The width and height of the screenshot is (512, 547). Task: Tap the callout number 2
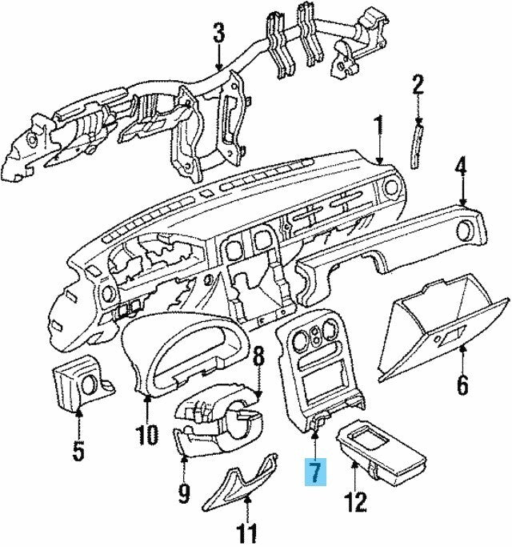416,84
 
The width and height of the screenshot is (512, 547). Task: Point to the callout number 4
461,168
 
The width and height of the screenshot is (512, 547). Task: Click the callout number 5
78,451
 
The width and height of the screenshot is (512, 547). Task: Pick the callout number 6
462,384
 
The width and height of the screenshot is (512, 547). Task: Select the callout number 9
183,493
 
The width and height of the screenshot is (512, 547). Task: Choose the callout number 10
148,435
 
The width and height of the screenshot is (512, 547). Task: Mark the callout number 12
355,502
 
